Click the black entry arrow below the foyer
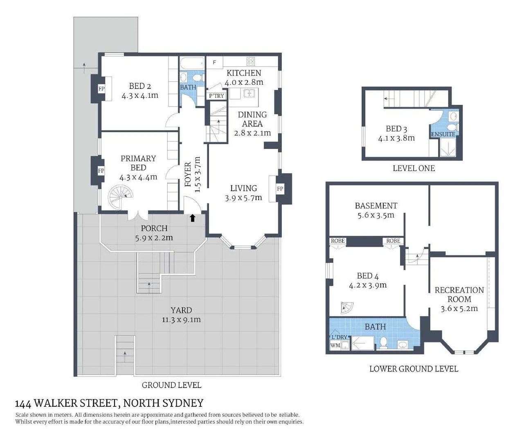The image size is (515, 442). (x=193, y=218)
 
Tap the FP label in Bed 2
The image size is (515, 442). (x=101, y=89)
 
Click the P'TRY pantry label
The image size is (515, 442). (x=216, y=96)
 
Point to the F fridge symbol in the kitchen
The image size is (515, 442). (x=214, y=63)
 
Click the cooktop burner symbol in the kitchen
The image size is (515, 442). (x=251, y=62)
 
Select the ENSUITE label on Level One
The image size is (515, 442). (x=443, y=134)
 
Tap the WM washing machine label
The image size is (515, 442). (x=335, y=345)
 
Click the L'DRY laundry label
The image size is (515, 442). (x=339, y=337)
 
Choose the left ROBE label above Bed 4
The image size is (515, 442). (x=338, y=241)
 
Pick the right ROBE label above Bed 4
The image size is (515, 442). (x=393, y=241)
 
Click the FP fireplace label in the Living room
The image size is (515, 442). (x=280, y=189)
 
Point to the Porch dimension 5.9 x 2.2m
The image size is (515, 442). (x=154, y=238)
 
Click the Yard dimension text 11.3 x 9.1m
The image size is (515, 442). (x=181, y=320)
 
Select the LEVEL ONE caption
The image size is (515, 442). (x=414, y=168)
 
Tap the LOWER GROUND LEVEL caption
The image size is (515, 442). (x=414, y=369)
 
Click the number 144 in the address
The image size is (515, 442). (x=23, y=404)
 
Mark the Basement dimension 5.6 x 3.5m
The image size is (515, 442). (x=376, y=215)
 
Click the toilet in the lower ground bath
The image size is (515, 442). (x=384, y=342)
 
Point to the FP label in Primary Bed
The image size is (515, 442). (x=101, y=171)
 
